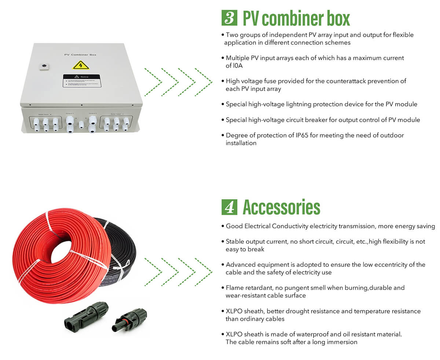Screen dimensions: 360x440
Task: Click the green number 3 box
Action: pos(229,18)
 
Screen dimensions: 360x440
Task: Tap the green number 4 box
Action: pos(229,207)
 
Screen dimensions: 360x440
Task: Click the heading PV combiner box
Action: pos(296,18)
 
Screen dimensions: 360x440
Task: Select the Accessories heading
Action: pos(281,207)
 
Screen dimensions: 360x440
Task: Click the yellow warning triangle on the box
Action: pos(81,65)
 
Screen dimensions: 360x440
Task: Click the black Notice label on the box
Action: pos(81,81)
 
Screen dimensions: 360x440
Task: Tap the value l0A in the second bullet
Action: pos(238,66)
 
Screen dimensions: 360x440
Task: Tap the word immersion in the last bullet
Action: pos(342,342)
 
